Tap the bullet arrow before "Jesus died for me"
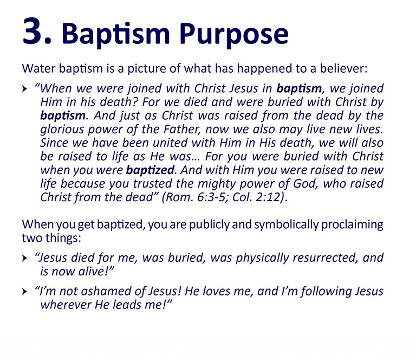(x=24, y=259)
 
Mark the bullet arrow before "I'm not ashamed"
(x=24, y=292)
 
